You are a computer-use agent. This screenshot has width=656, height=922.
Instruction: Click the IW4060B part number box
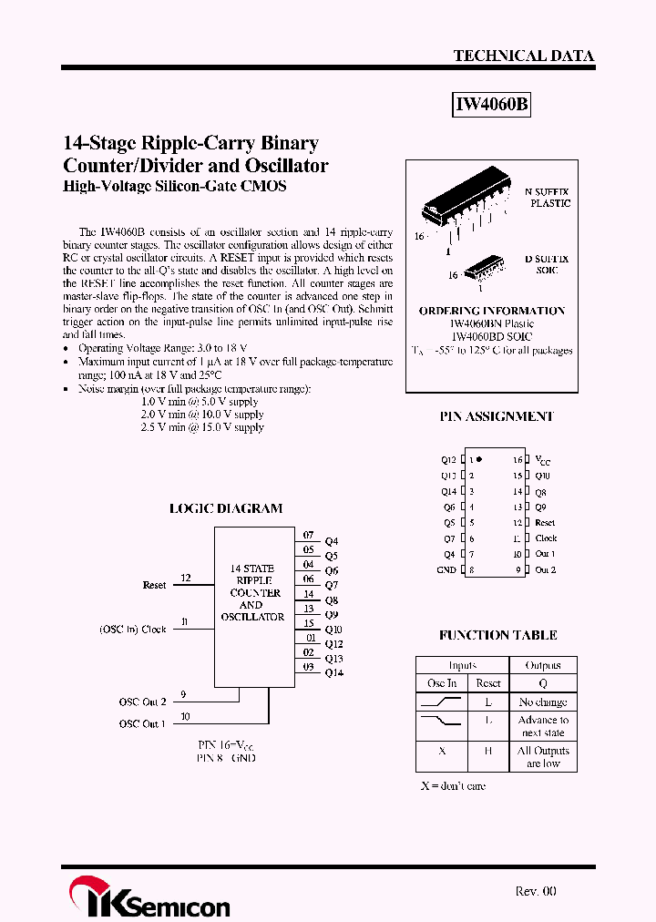(x=491, y=105)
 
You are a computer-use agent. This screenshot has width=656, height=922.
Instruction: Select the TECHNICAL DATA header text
(x=523, y=56)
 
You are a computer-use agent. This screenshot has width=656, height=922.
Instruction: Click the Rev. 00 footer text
(x=535, y=892)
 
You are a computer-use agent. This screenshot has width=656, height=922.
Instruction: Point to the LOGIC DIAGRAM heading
(x=226, y=508)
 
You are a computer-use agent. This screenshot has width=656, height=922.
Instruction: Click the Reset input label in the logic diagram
(x=155, y=585)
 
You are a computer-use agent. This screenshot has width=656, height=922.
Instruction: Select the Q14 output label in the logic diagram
(x=333, y=672)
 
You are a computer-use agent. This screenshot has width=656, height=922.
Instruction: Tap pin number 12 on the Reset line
(x=186, y=579)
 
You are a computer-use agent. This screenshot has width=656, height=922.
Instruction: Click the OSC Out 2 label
(x=142, y=702)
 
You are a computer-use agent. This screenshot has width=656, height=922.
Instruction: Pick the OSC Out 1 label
(x=142, y=723)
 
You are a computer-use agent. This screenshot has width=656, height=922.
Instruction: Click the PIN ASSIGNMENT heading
(x=497, y=416)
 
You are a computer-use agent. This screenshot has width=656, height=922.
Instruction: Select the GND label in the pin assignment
(x=446, y=570)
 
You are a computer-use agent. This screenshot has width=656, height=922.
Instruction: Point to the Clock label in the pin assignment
(x=546, y=538)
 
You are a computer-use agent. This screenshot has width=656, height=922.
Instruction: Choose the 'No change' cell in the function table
(x=543, y=702)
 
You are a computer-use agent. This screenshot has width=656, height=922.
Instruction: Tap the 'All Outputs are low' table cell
(x=543, y=757)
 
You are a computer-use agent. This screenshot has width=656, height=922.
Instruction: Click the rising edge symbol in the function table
(x=442, y=702)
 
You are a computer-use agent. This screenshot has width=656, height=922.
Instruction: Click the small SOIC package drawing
(x=483, y=268)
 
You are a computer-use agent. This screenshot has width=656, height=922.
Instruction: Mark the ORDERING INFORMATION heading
(x=492, y=311)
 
